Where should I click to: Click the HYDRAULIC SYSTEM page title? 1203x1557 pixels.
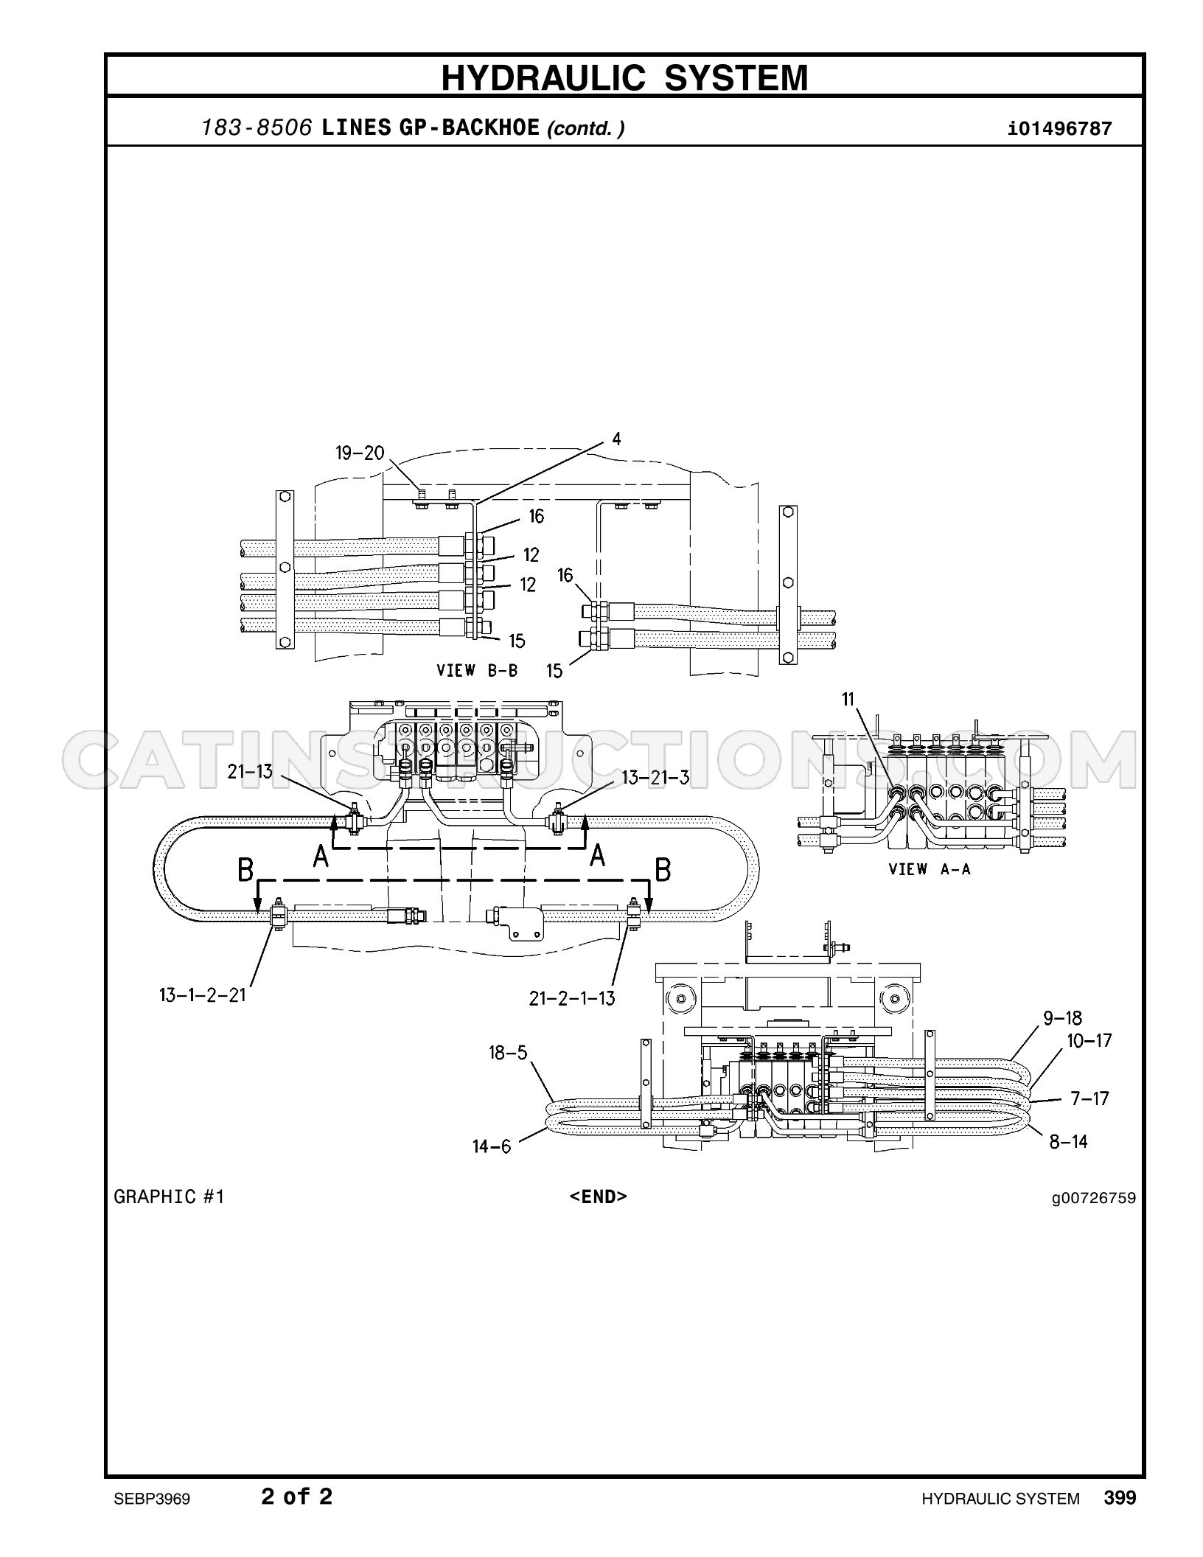pyautogui.click(x=624, y=77)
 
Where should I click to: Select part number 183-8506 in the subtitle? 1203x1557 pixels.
pyautogui.click(x=257, y=128)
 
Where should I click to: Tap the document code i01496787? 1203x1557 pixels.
pyautogui.click(x=1059, y=129)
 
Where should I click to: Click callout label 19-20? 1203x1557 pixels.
pyautogui.click(x=360, y=453)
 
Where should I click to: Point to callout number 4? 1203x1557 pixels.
pyautogui.click(x=616, y=439)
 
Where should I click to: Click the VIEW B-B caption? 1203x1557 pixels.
pyautogui.click(x=477, y=670)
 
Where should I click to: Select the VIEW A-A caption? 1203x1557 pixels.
pyautogui.click(x=930, y=869)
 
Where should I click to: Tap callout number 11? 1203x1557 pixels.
pyautogui.click(x=848, y=698)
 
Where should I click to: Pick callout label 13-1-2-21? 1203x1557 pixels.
pyautogui.click(x=202, y=995)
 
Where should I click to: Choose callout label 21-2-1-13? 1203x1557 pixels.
pyautogui.click(x=572, y=998)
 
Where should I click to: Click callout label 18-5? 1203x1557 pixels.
pyautogui.click(x=509, y=1052)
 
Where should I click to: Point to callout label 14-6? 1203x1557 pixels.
pyautogui.click(x=492, y=1146)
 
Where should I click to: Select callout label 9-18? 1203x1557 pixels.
pyautogui.click(x=1062, y=1018)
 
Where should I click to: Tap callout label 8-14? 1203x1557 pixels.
pyautogui.click(x=1069, y=1141)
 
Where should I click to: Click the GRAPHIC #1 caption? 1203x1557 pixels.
pyautogui.click(x=169, y=1196)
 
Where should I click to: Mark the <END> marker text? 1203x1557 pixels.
pyautogui.click(x=598, y=1196)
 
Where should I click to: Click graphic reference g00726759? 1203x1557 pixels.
pyautogui.click(x=1094, y=1197)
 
